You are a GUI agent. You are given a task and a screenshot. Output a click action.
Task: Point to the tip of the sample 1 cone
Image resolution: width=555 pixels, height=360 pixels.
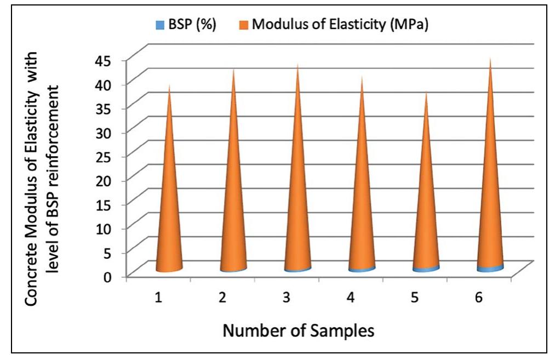tap(169, 86)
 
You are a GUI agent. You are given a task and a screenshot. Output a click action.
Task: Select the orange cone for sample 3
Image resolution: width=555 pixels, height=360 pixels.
tap(298, 192)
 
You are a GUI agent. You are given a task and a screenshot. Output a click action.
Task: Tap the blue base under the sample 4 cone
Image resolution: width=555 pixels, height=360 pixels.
tap(362, 270)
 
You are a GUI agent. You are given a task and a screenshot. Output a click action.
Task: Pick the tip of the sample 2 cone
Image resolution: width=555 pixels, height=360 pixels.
tap(234, 70)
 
